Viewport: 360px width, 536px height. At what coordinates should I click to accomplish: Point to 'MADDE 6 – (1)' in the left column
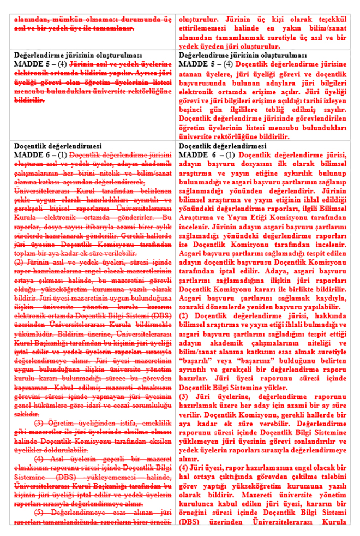click(x=37, y=154)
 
